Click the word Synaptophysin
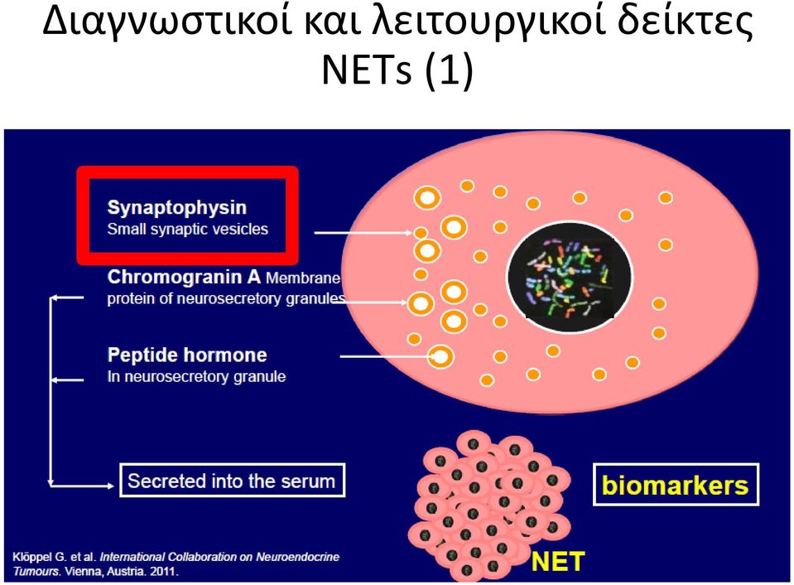point(176,208)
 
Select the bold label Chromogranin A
point(184,278)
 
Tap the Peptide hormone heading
point(187,355)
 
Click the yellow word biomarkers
point(675,485)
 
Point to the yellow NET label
point(557,562)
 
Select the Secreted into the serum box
point(233,480)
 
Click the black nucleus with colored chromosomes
point(570,277)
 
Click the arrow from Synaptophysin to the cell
point(363,233)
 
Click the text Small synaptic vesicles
point(187,230)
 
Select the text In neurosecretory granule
point(196,377)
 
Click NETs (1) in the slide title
point(397,70)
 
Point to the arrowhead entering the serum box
point(110,486)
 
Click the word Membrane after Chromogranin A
point(303,278)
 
